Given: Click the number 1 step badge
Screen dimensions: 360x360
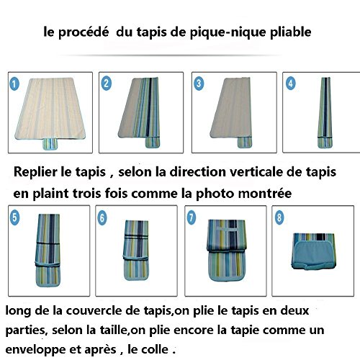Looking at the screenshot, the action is pos(14,84).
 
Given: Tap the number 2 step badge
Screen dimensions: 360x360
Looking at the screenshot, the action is pos(107,84).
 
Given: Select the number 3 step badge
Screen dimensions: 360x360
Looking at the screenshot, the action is pos(199,84).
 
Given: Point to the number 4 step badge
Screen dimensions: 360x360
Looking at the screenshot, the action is pos(291,84).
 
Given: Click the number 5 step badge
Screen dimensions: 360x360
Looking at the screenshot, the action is pos(14,218).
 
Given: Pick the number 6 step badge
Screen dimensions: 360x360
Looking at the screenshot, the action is pos(102,218).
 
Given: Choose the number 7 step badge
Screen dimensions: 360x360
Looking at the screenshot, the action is pos(192,217).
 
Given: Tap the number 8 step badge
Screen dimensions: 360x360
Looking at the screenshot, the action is pos(279,217).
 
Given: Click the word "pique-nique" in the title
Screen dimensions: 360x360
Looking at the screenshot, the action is pos(228,32).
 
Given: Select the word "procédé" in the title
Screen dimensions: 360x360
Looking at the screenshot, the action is pos(84,32).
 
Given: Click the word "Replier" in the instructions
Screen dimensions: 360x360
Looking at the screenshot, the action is pos(35,172).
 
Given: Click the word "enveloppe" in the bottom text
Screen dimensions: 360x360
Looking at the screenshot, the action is pos(35,350).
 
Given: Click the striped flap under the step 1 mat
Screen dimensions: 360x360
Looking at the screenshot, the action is pos(50,144).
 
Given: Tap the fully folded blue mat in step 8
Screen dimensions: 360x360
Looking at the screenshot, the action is pos(314,251).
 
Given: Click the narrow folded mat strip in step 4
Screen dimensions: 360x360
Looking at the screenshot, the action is pos(325,112).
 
